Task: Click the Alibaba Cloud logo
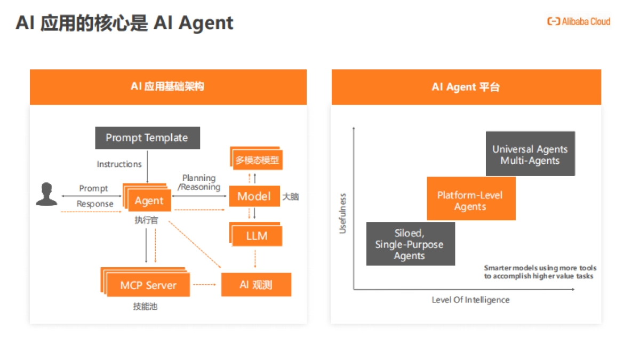tap(579, 21)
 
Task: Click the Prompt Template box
tap(147, 138)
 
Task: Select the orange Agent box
tap(149, 201)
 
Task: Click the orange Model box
tap(254, 196)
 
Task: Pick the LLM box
tap(257, 236)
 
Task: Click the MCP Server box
tap(148, 285)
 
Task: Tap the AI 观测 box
tap(256, 285)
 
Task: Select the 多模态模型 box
tap(257, 159)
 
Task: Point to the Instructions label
tap(119, 164)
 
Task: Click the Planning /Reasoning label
tap(199, 182)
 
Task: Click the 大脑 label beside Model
tap(291, 197)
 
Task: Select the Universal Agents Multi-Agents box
tap(530, 154)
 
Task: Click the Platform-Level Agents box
tap(470, 201)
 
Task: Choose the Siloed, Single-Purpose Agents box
tap(410, 245)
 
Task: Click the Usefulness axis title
tap(343, 213)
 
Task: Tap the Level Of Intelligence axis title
tap(470, 300)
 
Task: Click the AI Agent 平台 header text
tap(466, 87)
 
